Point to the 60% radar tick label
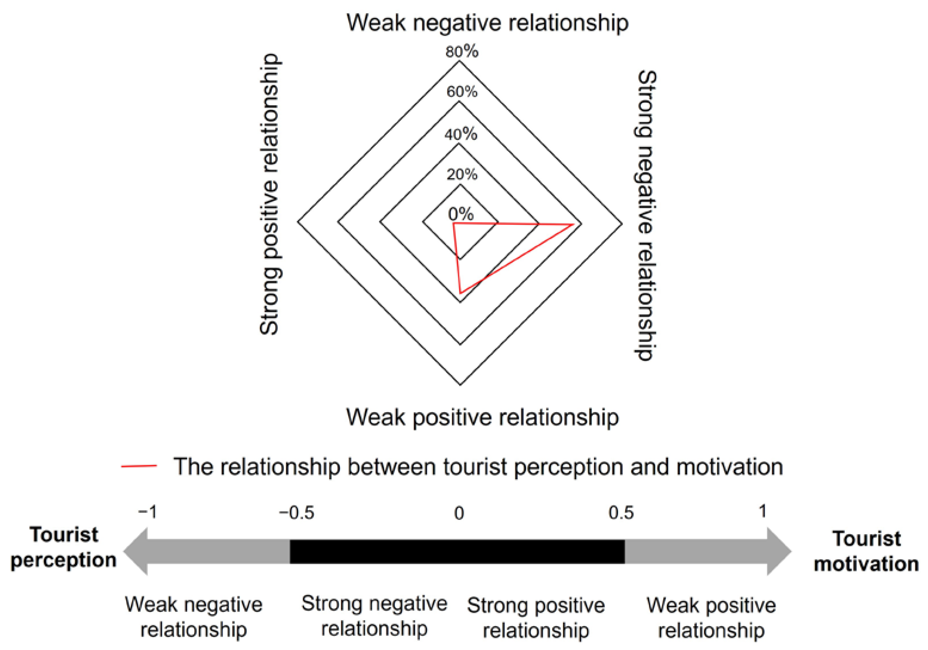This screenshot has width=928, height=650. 461,92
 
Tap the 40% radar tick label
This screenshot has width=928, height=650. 461,134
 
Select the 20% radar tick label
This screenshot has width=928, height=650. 461,175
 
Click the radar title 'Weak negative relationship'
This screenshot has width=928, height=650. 487,23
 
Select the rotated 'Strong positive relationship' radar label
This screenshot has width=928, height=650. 269,194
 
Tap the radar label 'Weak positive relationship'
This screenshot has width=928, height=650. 482,417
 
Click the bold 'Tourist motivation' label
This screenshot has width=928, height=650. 866,551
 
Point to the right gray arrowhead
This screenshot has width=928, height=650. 779,551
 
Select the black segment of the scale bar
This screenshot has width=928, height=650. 457,551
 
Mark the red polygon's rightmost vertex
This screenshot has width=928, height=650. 573,224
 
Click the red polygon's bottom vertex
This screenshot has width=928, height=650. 460,292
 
